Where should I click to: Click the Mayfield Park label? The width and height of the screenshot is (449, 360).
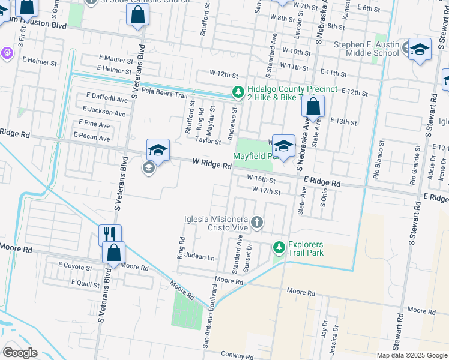click(x=257, y=155)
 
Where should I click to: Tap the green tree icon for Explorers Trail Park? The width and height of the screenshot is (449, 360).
click(x=279, y=247)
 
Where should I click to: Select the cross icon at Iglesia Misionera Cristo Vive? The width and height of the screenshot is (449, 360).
click(x=256, y=223)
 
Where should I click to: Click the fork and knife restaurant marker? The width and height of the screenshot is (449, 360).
click(x=110, y=234)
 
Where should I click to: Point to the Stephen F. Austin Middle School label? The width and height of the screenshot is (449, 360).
click(x=366, y=49)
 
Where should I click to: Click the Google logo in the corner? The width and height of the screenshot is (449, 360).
click(x=19, y=352)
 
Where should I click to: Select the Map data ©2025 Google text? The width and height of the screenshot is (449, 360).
click(x=411, y=355)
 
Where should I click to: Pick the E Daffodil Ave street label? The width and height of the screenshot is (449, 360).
click(x=107, y=97)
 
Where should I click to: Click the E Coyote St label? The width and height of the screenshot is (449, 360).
click(x=75, y=265)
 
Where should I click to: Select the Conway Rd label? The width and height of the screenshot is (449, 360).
click(x=238, y=356)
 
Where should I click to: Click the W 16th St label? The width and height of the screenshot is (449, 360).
click(x=261, y=179)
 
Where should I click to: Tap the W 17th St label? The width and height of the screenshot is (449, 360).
click(x=267, y=190)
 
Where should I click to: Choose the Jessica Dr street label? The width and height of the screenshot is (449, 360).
click(x=335, y=337)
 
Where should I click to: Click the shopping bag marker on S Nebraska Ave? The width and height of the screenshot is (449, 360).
click(x=313, y=107)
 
